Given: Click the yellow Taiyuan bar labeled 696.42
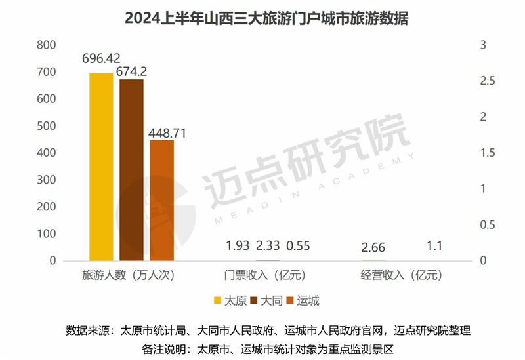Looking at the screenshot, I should (x=101, y=167).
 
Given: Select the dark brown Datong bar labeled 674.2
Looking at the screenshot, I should (x=131, y=170).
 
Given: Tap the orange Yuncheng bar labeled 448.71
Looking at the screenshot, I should (x=161, y=200).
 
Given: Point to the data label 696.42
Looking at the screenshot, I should (x=102, y=59).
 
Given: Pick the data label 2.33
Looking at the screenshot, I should (x=268, y=246).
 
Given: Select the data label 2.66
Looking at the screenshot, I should (x=373, y=247).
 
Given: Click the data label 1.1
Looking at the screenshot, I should (x=434, y=246).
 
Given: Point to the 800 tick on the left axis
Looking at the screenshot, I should (x=47, y=45).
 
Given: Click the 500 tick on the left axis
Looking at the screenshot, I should (x=47, y=126).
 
